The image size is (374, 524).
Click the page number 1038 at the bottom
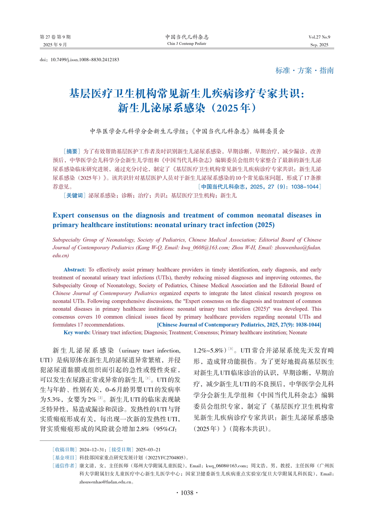pyautogui.click(x=187, y=493)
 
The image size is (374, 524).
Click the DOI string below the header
pyautogui.click(x=79, y=60)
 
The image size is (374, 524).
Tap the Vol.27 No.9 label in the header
pyautogui.click(x=319, y=37)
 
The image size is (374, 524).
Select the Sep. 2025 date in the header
pyautogui.click(x=319, y=45)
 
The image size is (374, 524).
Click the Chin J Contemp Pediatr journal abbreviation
pyautogui.click(x=187, y=44)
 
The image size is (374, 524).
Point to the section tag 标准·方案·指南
pyautogui.click(x=305, y=70)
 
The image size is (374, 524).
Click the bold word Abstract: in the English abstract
pyautogui.click(x=75, y=270)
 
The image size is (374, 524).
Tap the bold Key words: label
pyautogui.click(x=77, y=332)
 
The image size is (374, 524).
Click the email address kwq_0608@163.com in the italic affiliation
pyautogui.click(x=204, y=248)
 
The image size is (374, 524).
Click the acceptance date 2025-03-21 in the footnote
pyautogui.click(x=148, y=449)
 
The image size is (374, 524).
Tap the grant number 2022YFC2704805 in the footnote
pyautogui.click(x=167, y=457)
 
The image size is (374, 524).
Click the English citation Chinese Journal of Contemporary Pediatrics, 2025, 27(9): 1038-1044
pyautogui.click(x=239, y=324)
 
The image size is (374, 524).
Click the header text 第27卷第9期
pyautogui.click(x=55, y=37)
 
